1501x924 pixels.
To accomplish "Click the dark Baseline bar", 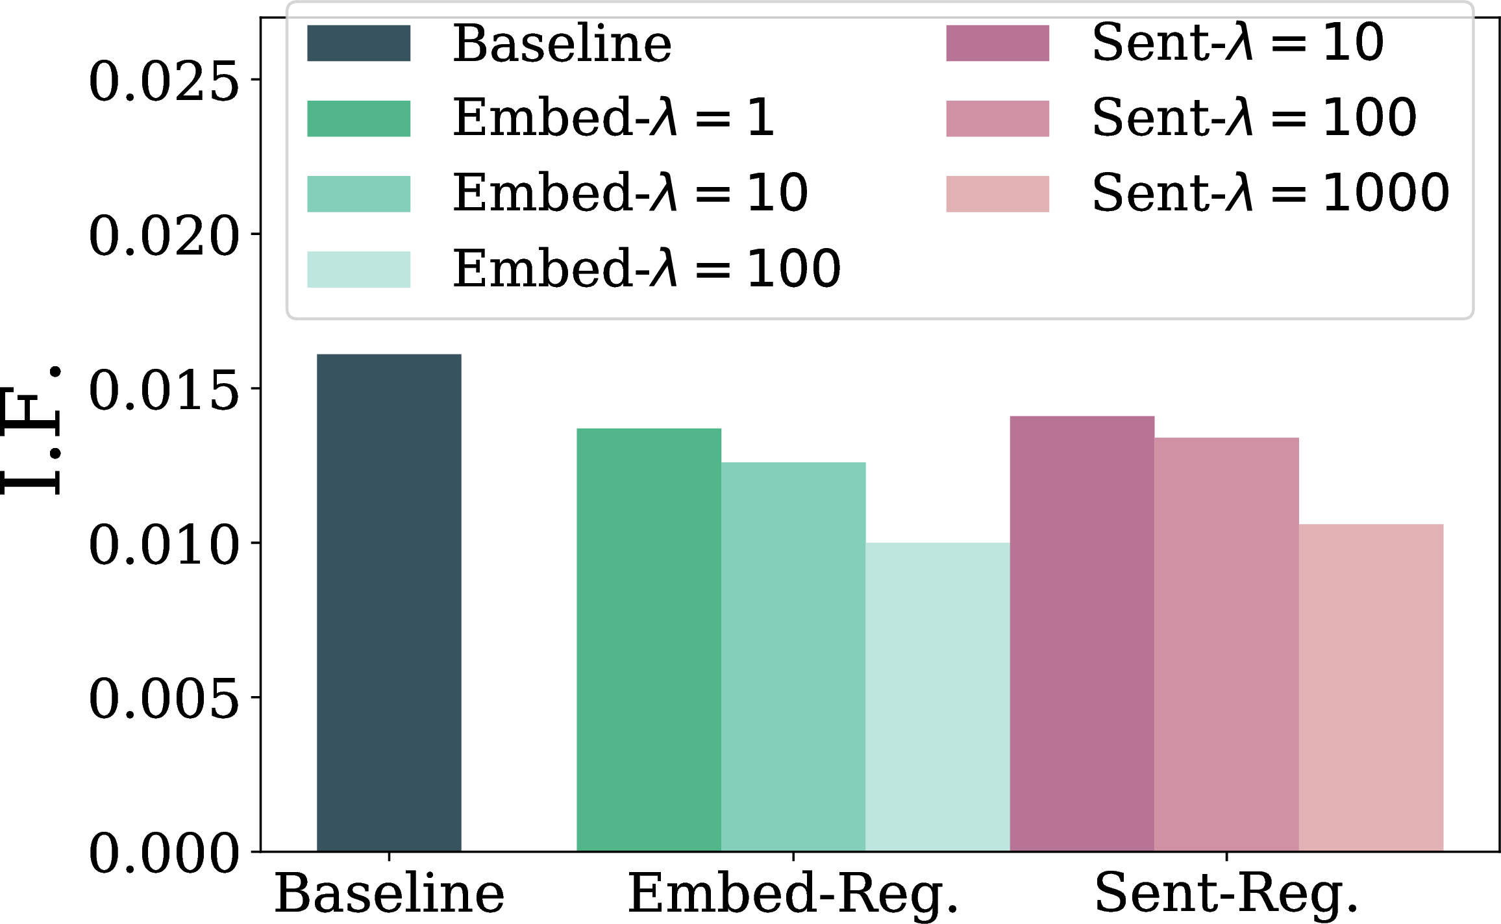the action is [389, 602].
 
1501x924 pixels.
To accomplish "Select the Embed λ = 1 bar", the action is [649, 639].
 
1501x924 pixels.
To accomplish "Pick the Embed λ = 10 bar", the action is [793, 656].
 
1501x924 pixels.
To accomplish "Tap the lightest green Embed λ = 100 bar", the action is [938, 696].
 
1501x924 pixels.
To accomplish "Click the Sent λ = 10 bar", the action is [1082, 633].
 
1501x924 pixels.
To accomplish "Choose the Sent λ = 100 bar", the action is [1227, 643].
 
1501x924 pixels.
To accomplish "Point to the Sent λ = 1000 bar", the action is [1371, 687].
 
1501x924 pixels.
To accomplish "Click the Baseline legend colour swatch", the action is [358, 43].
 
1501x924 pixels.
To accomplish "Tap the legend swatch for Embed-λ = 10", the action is [358, 194].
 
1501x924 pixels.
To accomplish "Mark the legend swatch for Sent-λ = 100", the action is [997, 118].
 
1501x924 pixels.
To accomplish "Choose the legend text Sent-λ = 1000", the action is [1271, 192].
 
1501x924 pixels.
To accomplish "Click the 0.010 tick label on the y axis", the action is [164, 545].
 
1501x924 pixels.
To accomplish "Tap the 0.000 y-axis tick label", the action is [164, 853].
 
